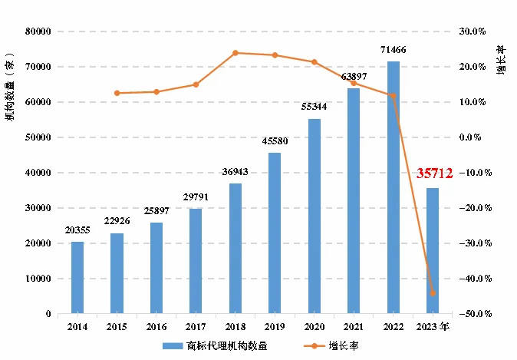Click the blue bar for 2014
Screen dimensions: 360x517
[x=77, y=277]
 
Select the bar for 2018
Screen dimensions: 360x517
[x=235, y=248]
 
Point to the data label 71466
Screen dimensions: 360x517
[x=394, y=50]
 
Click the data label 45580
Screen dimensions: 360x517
[x=275, y=141]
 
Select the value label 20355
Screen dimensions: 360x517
[x=77, y=230]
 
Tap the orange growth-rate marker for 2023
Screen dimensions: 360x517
[x=433, y=293]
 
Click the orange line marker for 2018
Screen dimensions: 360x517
[x=235, y=53]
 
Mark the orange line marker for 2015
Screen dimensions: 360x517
[x=117, y=93]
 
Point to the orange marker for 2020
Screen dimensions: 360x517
[x=314, y=62]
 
